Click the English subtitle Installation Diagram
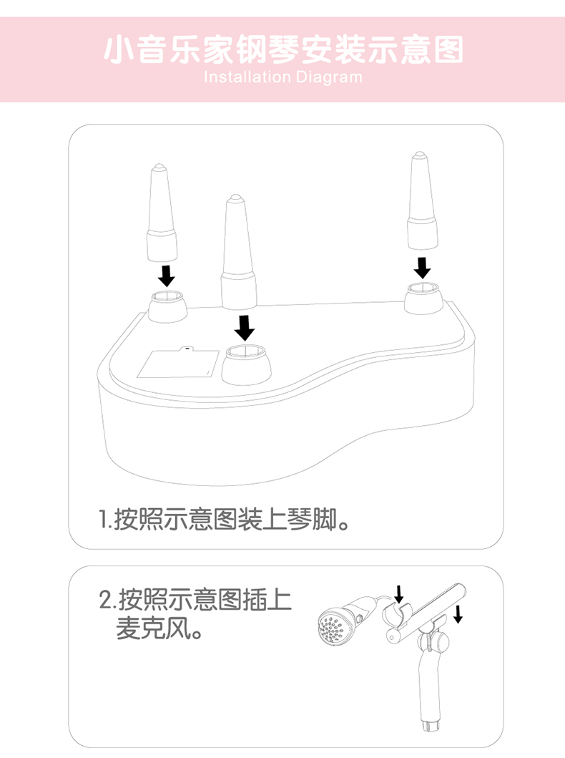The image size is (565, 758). point(283,77)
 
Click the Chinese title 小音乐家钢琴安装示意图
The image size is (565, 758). point(283,50)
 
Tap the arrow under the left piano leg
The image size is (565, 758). point(167,275)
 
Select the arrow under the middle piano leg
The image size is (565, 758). point(245,328)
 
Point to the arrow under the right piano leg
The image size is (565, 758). point(423,267)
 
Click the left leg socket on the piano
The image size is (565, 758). point(167,306)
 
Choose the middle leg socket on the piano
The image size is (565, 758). point(246,364)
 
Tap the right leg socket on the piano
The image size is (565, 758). point(423,298)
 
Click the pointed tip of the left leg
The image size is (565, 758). point(158,166)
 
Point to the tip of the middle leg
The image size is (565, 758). point(235,197)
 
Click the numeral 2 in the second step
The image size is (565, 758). point(105,600)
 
